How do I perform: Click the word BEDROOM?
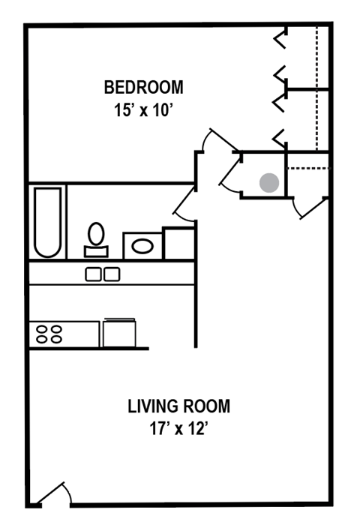tap(142, 87)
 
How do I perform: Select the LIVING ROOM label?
tap(178, 407)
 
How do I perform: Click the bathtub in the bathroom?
tap(47, 222)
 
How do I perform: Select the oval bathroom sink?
tap(142, 244)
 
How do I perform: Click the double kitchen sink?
tap(103, 274)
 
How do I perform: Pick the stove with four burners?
tap(64, 334)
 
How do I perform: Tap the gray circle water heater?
tap(269, 182)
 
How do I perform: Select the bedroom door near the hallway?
tap(220, 142)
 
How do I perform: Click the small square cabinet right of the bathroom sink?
tap(178, 243)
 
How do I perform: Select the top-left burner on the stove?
tap(41, 328)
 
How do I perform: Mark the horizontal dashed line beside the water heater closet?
tap(308, 169)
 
